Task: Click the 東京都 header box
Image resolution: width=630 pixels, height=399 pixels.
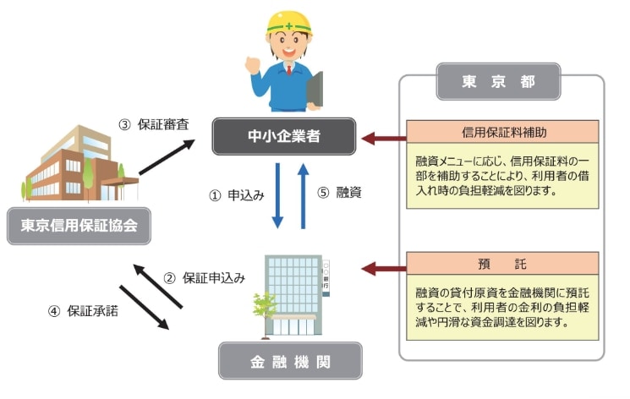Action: [498, 83]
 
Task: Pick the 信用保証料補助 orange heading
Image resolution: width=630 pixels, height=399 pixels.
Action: [503, 131]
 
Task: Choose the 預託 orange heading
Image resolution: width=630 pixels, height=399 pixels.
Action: [503, 260]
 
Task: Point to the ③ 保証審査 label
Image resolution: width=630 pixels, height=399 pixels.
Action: [153, 125]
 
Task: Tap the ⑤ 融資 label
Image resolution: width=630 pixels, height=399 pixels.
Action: [339, 194]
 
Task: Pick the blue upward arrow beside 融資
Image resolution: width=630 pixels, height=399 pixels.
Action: [303, 195]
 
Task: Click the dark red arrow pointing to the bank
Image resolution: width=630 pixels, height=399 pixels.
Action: [383, 269]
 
